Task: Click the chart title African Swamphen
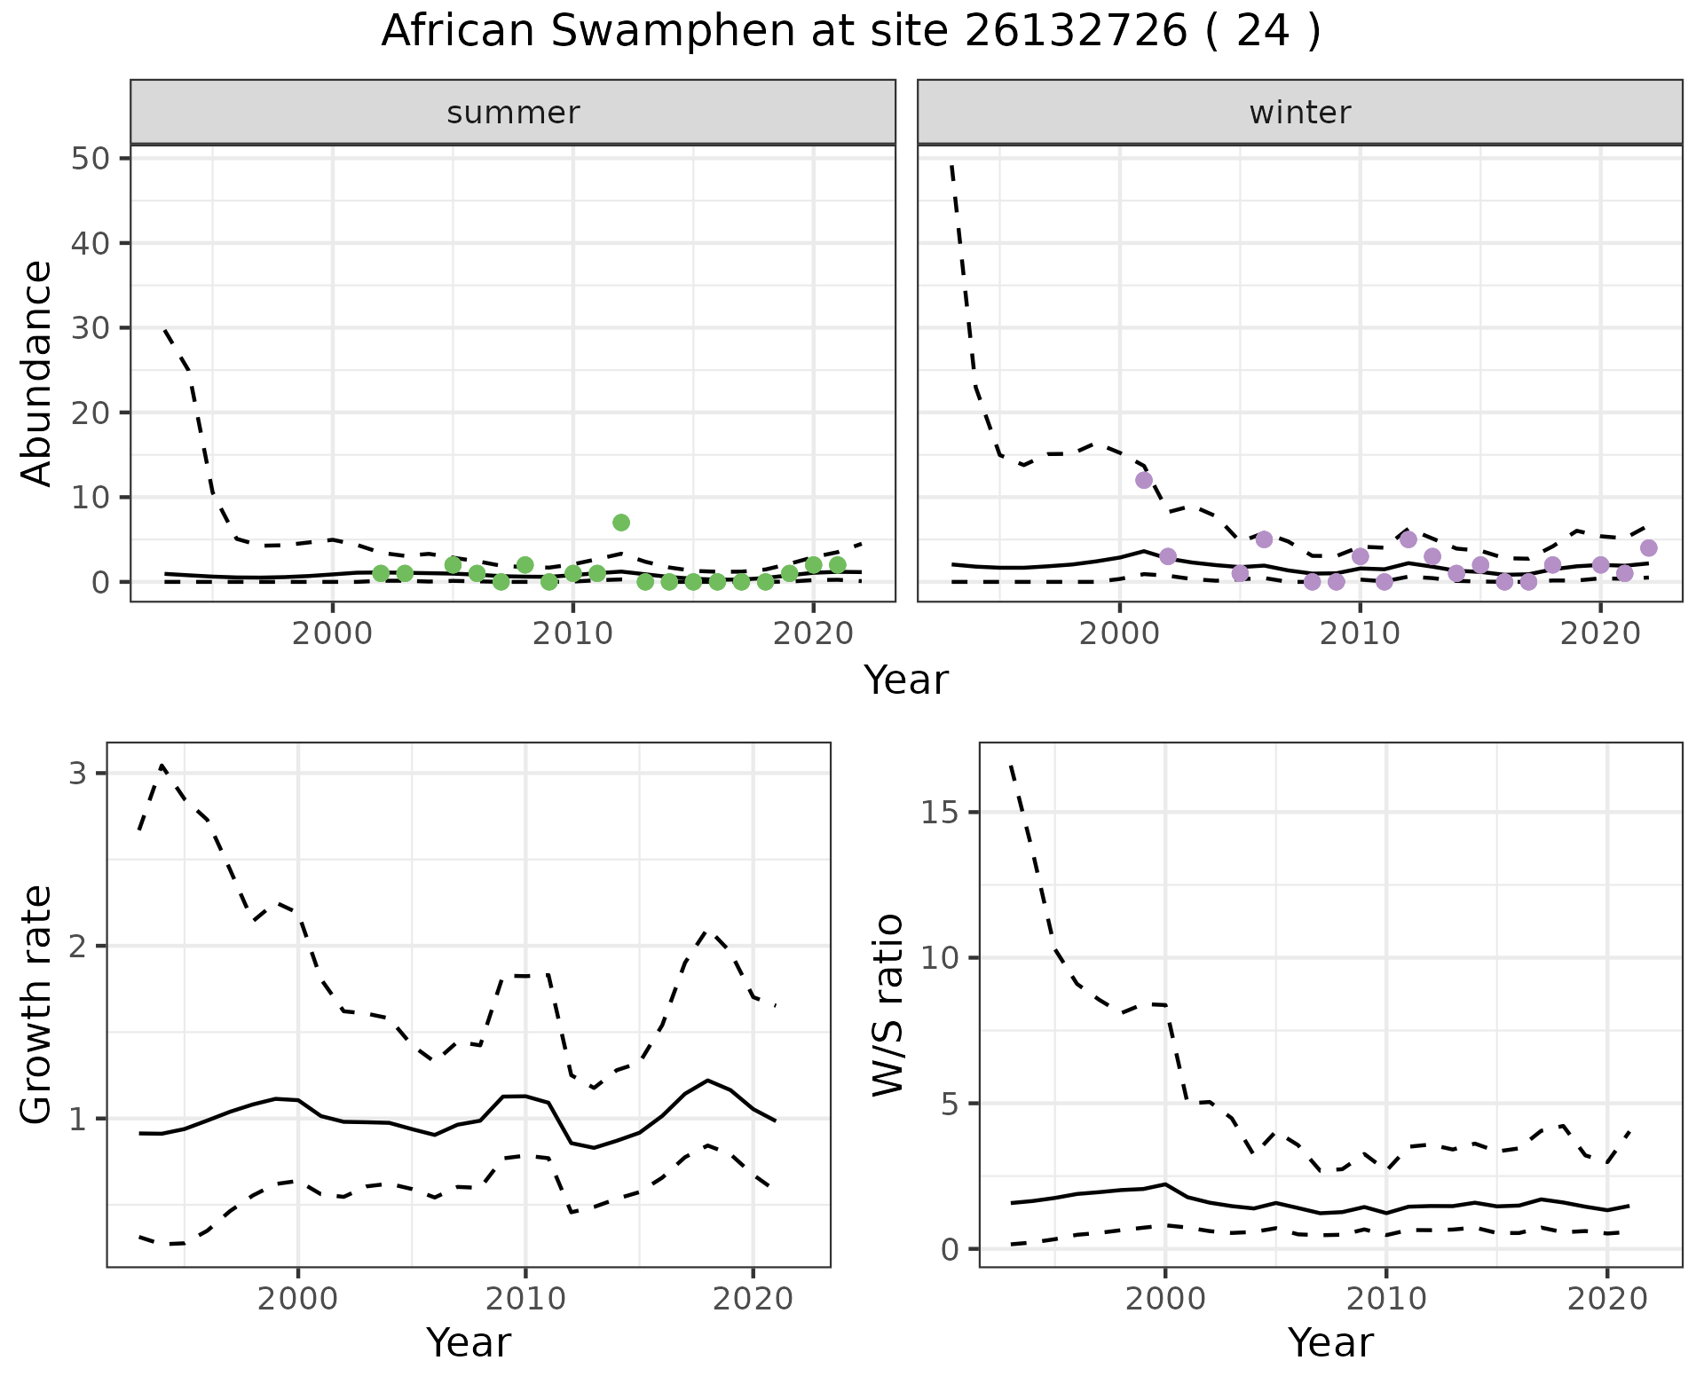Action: click(850, 32)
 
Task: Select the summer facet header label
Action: click(513, 113)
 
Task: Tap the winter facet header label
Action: click(1299, 113)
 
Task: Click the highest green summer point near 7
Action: click(621, 523)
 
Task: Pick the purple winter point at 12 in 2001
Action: click(1144, 480)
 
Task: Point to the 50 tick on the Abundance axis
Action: click(91, 159)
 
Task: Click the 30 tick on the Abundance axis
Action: click(91, 328)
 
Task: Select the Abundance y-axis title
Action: click(37, 373)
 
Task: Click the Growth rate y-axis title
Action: click(37, 1004)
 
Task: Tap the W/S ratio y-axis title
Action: click(887, 1004)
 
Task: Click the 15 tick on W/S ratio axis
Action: click(943, 813)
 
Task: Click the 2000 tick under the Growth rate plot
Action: click(298, 1300)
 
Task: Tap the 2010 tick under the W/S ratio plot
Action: click(1385, 1300)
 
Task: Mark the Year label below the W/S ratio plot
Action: click(1330, 1342)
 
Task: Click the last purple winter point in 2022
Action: click(1648, 547)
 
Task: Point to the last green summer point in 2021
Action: click(837, 565)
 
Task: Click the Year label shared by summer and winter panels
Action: click(906, 680)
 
